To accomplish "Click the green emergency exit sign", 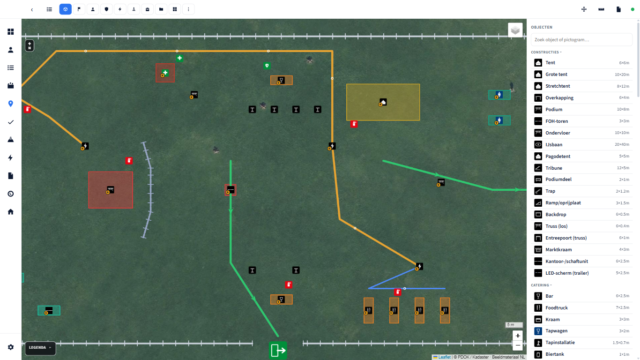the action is pyautogui.click(x=278, y=350).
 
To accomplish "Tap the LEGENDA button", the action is pyautogui.click(x=40, y=348).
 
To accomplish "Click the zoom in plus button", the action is pyautogui.click(x=518, y=336).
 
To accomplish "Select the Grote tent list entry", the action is pyautogui.click(x=581, y=75).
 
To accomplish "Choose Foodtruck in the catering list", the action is pyautogui.click(x=581, y=307).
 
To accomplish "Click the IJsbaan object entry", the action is pyautogui.click(x=581, y=144).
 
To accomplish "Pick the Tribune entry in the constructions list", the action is pyautogui.click(x=581, y=168).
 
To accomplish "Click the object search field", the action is pyautogui.click(x=581, y=40).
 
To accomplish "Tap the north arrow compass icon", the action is pyautogui.click(x=30, y=46).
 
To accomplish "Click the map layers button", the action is pyautogui.click(x=515, y=30).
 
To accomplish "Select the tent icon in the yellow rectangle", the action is pyautogui.click(x=383, y=102).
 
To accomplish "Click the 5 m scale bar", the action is pyautogui.click(x=513, y=325).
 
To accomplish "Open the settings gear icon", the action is pyautogui.click(x=11, y=347).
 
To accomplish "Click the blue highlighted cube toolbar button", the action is pyautogui.click(x=66, y=9).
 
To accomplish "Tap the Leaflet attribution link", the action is pyautogui.click(x=444, y=357).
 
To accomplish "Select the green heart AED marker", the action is pyautogui.click(x=267, y=66).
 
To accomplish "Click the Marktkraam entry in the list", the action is pyautogui.click(x=581, y=250).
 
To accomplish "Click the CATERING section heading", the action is pyautogui.click(x=540, y=285).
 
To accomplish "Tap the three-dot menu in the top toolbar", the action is pyautogui.click(x=188, y=9).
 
